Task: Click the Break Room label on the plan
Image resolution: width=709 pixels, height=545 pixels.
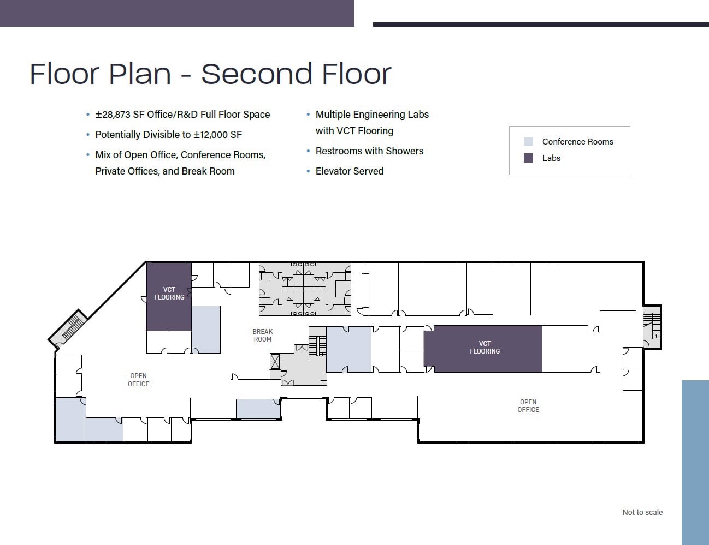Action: tap(263, 335)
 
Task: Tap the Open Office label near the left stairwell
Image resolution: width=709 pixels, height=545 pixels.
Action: tap(138, 380)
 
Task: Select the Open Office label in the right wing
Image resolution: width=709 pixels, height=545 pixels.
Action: tap(528, 405)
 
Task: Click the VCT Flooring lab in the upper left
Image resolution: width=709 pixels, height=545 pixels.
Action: tap(169, 296)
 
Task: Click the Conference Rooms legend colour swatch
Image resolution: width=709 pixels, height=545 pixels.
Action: tap(528, 142)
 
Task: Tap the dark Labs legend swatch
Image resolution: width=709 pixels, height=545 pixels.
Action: tap(528, 158)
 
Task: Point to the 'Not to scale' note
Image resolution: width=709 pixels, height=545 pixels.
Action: tap(642, 512)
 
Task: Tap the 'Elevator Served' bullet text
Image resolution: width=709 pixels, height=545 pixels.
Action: tap(350, 171)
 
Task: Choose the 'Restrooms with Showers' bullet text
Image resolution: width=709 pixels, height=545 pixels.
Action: tap(369, 151)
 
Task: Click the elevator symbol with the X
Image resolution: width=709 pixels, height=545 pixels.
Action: tap(275, 362)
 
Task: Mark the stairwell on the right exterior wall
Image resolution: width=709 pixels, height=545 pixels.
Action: tap(652, 327)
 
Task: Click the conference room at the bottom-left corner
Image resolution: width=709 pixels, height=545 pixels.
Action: tap(71, 420)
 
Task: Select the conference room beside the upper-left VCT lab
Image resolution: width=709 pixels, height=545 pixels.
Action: tap(206, 330)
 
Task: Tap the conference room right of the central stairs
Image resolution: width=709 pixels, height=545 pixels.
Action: tap(349, 349)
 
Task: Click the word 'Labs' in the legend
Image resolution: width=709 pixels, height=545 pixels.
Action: tap(551, 158)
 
